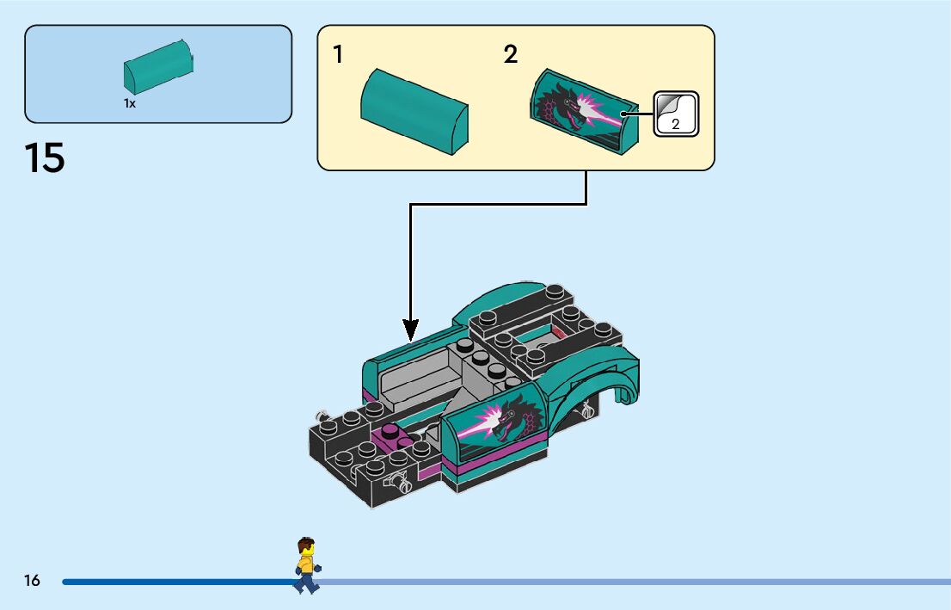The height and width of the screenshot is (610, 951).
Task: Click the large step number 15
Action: click(x=45, y=159)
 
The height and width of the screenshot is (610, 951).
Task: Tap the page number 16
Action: click(x=32, y=581)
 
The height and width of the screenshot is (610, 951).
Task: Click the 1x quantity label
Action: click(x=130, y=103)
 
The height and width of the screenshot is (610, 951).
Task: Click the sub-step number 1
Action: click(x=338, y=55)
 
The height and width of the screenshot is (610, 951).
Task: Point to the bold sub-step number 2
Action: click(x=511, y=55)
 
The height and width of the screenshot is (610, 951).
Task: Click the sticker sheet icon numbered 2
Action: click(x=676, y=114)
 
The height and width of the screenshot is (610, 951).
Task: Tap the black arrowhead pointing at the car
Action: click(x=411, y=329)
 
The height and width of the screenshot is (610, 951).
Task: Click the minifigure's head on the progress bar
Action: click(x=305, y=547)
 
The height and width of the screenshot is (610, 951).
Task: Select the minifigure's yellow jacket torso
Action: click(x=305, y=564)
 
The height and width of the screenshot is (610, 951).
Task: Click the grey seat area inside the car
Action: click(x=421, y=379)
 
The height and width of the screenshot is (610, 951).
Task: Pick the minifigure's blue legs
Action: click(x=305, y=583)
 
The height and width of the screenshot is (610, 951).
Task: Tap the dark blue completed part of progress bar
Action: click(x=172, y=582)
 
